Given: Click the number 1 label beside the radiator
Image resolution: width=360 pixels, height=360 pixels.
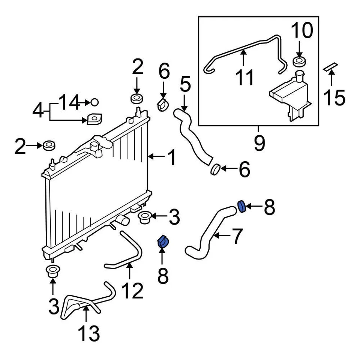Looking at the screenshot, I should [x=171, y=157].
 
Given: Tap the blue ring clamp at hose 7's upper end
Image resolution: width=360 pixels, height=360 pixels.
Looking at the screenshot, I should [x=242, y=206].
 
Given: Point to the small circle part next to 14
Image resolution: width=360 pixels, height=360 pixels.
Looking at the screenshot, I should [x=94, y=102].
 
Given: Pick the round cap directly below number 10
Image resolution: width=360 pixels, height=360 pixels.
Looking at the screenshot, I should [x=299, y=61].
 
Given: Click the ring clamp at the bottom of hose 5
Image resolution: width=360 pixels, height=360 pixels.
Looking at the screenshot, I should [x=215, y=169].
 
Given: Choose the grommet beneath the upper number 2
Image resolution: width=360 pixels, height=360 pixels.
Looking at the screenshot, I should [x=136, y=99].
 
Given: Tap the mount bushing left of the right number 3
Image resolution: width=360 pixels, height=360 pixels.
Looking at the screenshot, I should [x=144, y=217].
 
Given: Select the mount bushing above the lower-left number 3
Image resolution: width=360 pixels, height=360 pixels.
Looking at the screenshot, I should [x=52, y=271].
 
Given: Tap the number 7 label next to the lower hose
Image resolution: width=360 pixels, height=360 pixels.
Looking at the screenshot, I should [x=236, y=236].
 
